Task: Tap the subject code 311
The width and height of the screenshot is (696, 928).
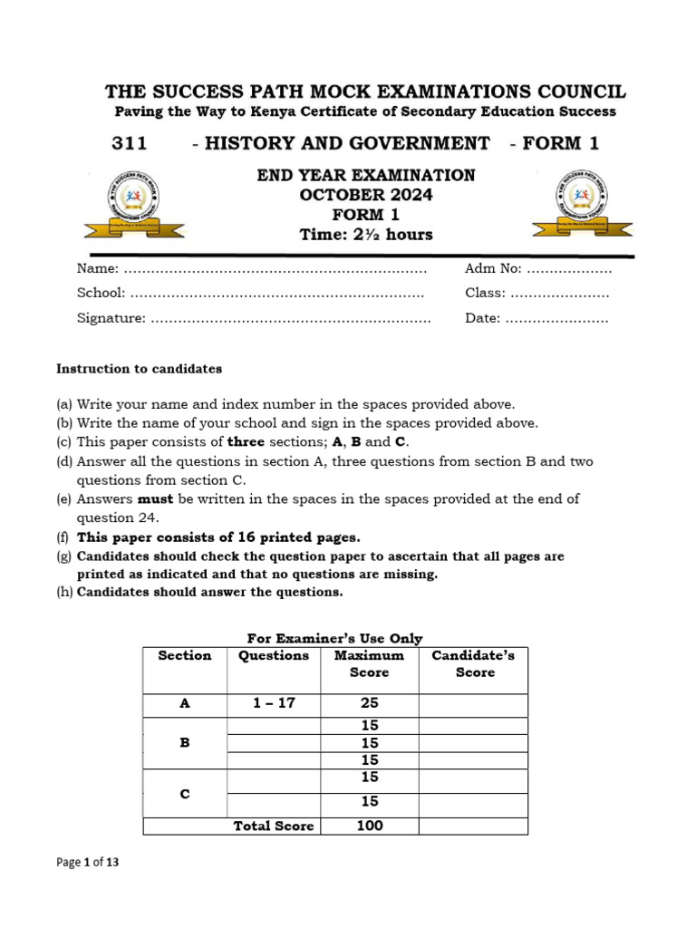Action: pos(129,143)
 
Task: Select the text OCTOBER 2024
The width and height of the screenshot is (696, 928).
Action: pos(366,195)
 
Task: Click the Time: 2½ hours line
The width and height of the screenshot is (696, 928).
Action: pos(366,235)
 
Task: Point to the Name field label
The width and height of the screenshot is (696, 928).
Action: pos(97,268)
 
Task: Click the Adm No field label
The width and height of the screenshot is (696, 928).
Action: pos(493,268)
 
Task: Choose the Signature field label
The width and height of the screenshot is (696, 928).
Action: pos(111,318)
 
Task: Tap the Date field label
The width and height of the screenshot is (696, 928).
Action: pos(482,318)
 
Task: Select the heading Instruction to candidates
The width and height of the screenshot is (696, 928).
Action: pos(139,369)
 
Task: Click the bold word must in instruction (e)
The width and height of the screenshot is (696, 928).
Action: pos(153,498)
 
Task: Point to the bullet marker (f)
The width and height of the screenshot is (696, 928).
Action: pos(63,537)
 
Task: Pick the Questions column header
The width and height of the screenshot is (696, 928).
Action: pos(274,656)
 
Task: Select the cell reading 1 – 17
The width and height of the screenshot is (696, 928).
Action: pos(274,703)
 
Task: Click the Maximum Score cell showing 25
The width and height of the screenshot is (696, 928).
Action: pos(369,703)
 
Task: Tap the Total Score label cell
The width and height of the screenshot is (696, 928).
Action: pos(274,826)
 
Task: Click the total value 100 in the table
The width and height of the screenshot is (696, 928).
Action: pos(369,826)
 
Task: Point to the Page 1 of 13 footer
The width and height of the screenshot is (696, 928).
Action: pos(87,863)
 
